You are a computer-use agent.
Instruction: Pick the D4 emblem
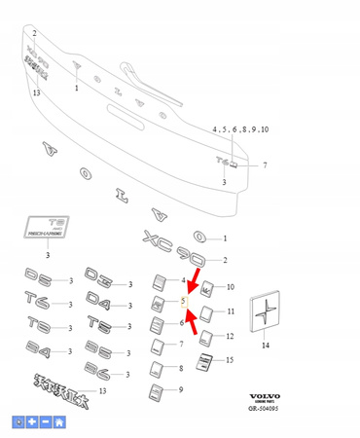104,304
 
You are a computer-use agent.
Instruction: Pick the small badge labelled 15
201,364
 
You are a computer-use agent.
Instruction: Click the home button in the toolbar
58,421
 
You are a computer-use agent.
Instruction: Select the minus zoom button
46,421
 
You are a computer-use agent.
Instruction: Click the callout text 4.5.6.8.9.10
240,129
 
